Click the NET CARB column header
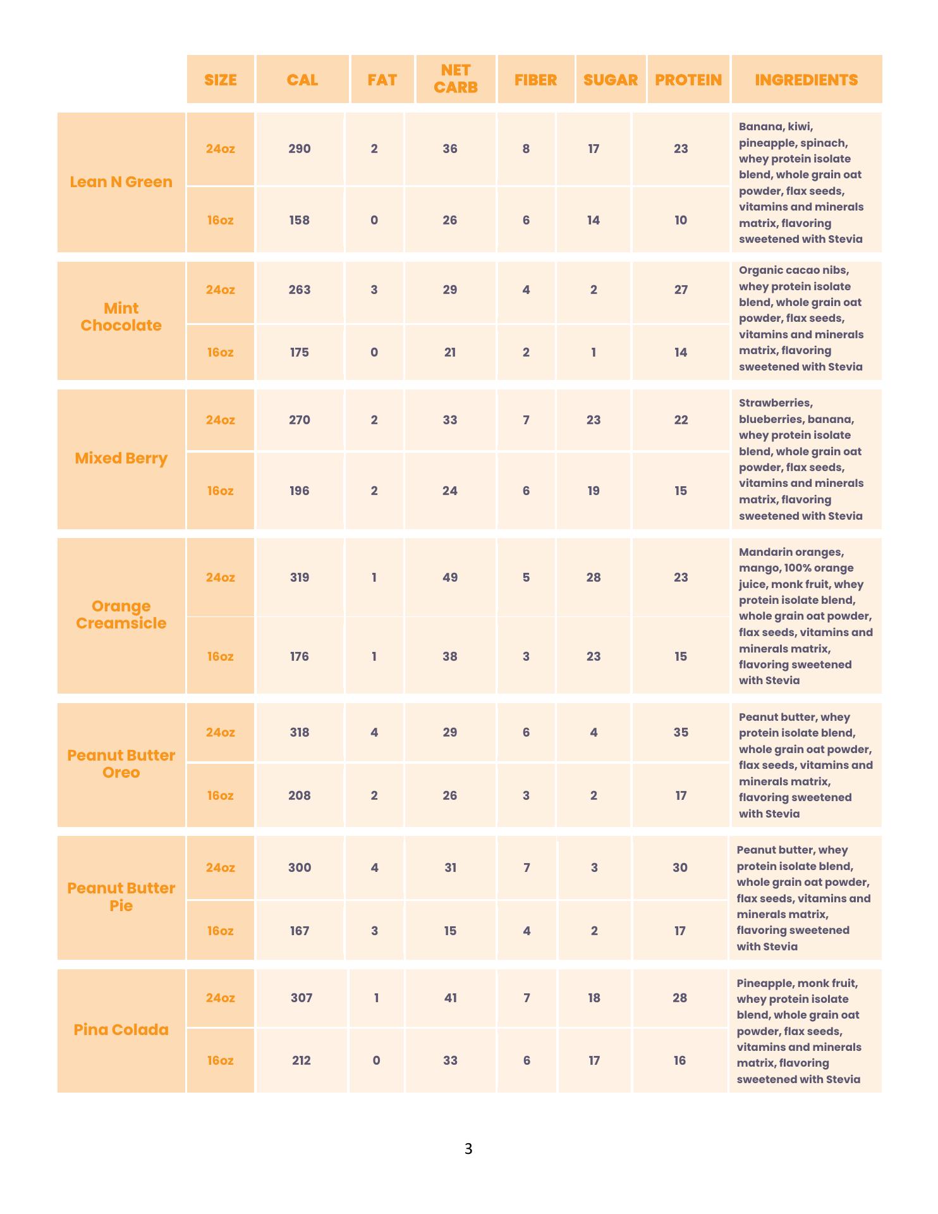click(x=455, y=79)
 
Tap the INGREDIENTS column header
click(x=806, y=80)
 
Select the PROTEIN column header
click(x=688, y=80)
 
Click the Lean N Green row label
click(x=121, y=182)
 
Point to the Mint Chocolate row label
click(x=121, y=317)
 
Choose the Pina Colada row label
click(x=121, y=1030)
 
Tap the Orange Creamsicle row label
click(x=121, y=615)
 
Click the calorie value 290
click(x=300, y=149)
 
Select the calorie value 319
click(x=300, y=577)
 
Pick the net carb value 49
click(x=449, y=577)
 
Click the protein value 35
click(x=681, y=732)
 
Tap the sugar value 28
click(x=593, y=577)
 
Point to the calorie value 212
click(x=301, y=1060)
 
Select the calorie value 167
click(x=300, y=931)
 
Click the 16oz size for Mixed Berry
click(x=220, y=491)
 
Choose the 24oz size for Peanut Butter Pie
click(x=220, y=868)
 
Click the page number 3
click(x=468, y=1148)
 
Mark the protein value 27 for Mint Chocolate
click(x=681, y=290)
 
